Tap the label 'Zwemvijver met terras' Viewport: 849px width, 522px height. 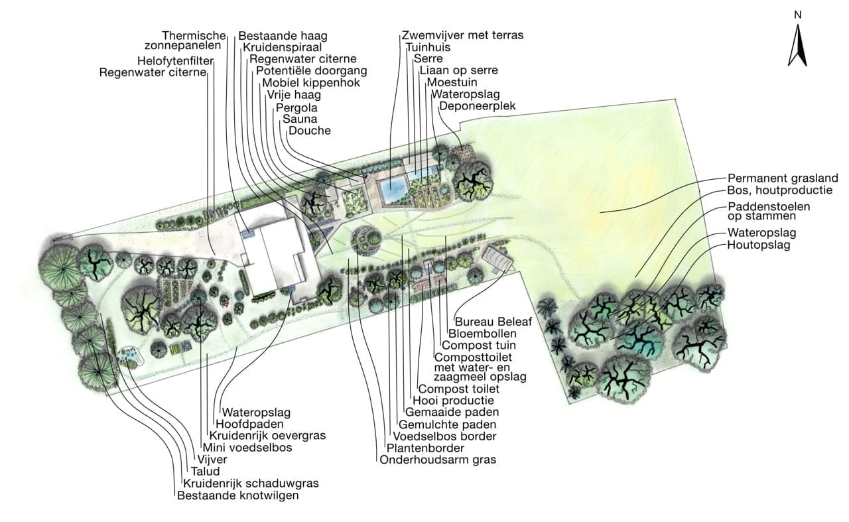click(462, 34)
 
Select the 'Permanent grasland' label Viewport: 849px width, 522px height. click(783, 178)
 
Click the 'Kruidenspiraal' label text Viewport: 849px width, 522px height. click(282, 47)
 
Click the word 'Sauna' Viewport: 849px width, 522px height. click(299, 119)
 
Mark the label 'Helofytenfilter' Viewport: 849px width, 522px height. click(174, 60)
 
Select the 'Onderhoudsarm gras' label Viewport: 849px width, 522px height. click(438, 460)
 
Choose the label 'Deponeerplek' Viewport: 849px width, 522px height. click(477, 106)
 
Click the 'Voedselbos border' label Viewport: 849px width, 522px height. click(444, 436)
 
